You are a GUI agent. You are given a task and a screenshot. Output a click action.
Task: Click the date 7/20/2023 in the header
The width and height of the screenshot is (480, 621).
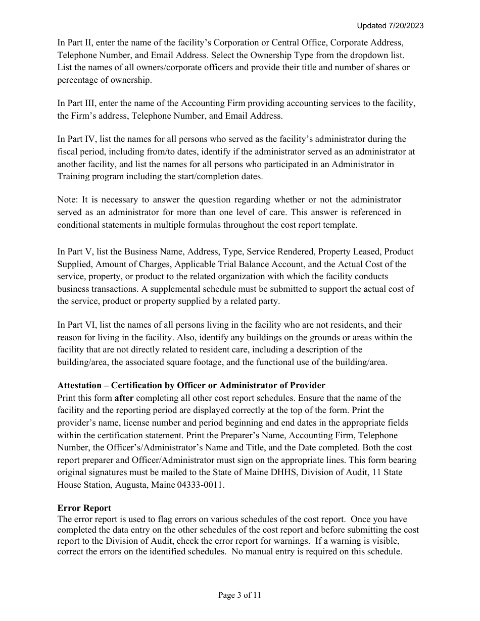tap(406, 26)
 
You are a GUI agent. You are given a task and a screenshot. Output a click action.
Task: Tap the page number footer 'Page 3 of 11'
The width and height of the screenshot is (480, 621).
tap(240, 595)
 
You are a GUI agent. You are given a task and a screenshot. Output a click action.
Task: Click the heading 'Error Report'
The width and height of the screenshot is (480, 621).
tap(84, 508)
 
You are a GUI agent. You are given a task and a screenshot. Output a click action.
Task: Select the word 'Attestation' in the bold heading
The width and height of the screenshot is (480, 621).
tap(79, 386)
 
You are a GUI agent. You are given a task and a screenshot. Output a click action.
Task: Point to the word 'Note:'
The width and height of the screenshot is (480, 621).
tap(68, 200)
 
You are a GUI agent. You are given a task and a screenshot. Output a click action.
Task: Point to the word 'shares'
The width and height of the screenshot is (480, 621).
tap(384, 68)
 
